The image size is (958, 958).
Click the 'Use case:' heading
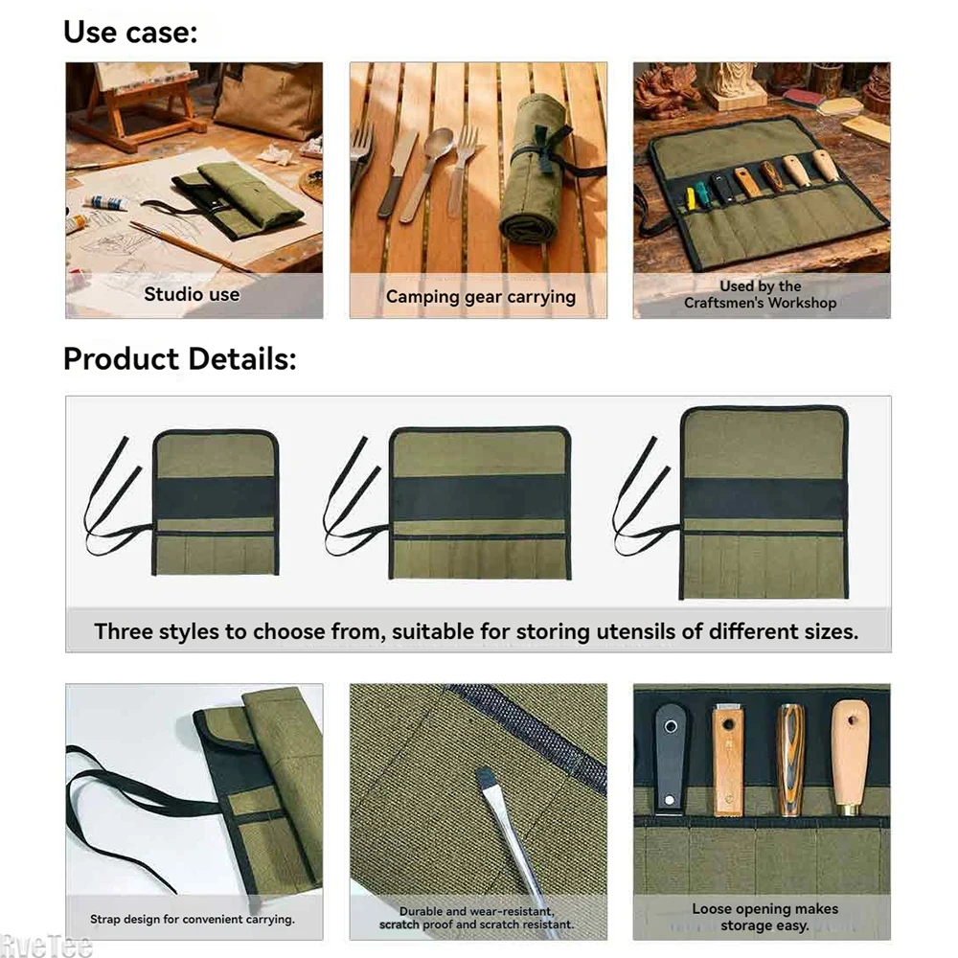pyautogui.click(x=130, y=33)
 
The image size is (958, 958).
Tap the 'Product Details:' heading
pyautogui.click(x=180, y=358)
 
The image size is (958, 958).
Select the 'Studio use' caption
pyautogui.click(x=192, y=294)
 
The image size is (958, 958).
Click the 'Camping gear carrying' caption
pyautogui.click(x=481, y=297)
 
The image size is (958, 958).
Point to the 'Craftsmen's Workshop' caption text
pyautogui.click(x=760, y=303)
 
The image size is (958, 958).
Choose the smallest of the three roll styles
pyautogui.click(x=216, y=503)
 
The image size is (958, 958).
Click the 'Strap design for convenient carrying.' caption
pyautogui.click(x=193, y=919)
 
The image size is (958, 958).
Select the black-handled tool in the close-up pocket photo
pyautogui.click(x=670, y=758)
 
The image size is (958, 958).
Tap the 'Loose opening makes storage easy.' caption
pyautogui.click(x=764, y=917)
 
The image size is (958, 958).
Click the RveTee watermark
pyautogui.click(x=46, y=947)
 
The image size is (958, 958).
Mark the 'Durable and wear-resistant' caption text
pyautogui.click(x=476, y=911)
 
